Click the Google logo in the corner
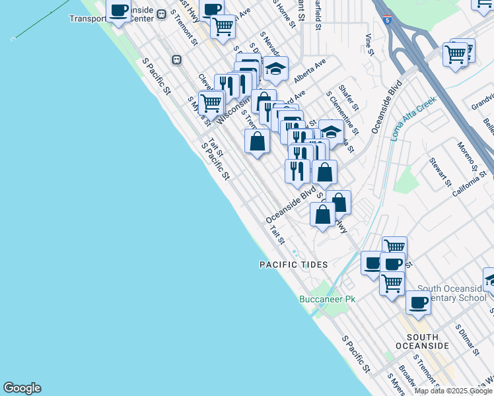point(22,388)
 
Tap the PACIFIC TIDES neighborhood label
point(293,265)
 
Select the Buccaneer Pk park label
point(328,299)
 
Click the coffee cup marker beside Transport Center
point(118,11)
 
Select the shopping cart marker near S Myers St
point(211,102)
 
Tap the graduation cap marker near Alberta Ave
point(275,69)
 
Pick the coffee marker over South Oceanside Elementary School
point(417,302)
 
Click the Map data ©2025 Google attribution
point(454,391)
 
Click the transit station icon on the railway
point(176,60)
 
